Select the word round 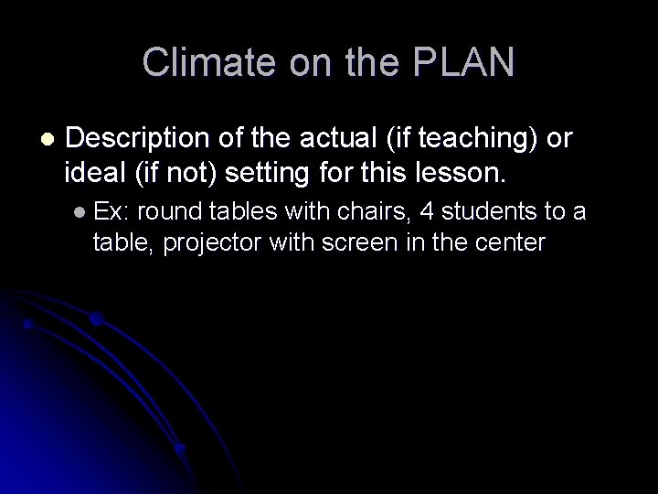[x=171, y=212]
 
